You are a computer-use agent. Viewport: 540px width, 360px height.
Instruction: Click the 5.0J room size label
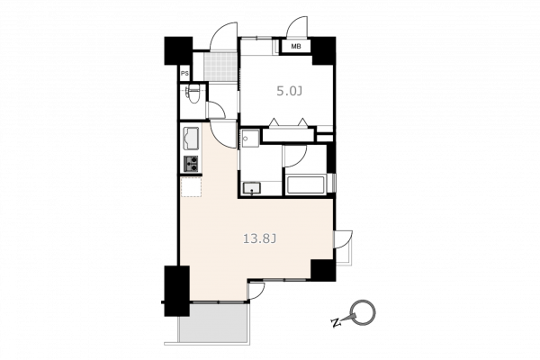[290, 91]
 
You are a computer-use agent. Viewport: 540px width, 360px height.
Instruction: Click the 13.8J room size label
[260, 238]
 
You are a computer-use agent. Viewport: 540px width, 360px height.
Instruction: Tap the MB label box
[296, 46]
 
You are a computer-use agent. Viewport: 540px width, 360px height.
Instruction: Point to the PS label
[184, 74]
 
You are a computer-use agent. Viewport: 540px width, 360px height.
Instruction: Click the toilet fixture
[193, 94]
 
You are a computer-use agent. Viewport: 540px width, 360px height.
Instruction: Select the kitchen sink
[191, 139]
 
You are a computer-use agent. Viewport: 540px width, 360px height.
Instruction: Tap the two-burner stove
[191, 164]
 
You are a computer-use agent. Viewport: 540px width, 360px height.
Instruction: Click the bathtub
[305, 185]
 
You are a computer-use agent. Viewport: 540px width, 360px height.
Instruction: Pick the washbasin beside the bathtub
[252, 189]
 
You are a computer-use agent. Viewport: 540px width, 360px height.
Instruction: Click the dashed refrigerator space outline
[191, 186]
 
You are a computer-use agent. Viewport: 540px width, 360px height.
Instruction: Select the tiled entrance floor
[220, 67]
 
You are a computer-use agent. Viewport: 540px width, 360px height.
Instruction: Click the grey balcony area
[214, 323]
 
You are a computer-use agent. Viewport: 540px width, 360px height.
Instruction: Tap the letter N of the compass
[336, 323]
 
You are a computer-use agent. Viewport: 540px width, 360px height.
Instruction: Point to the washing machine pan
[250, 138]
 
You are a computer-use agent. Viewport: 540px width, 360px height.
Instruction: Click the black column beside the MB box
[324, 50]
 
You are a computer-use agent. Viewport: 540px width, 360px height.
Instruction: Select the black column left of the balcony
[176, 291]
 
